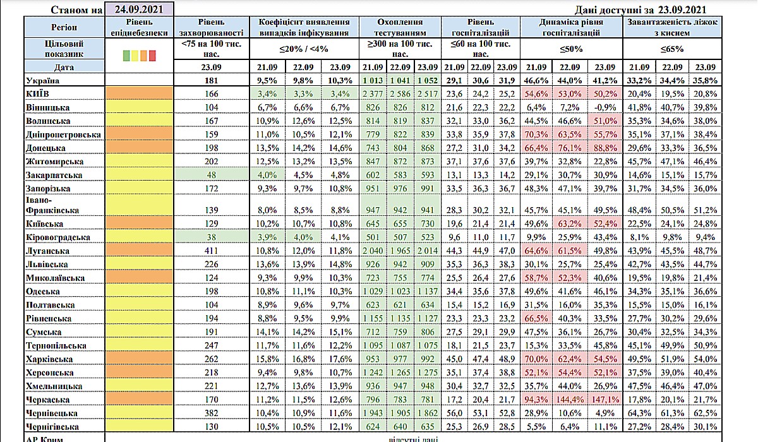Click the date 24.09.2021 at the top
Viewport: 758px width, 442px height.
(x=140, y=9)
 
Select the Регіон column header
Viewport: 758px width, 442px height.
(x=64, y=27)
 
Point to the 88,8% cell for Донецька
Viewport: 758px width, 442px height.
(x=605, y=148)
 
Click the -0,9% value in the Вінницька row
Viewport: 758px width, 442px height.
(x=605, y=108)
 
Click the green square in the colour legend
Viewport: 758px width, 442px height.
(x=125, y=56)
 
